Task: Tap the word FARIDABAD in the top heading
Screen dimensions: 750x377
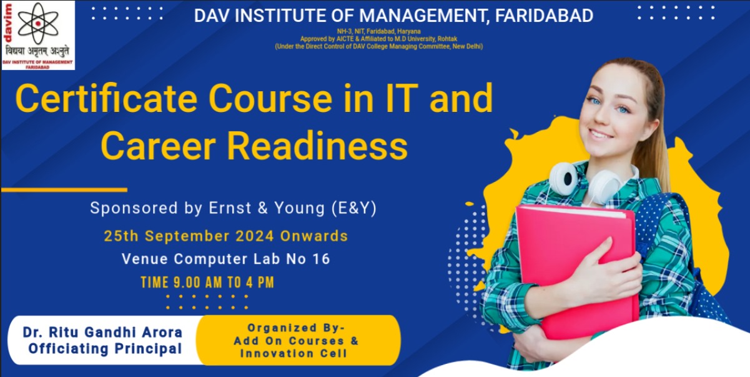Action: click(x=544, y=16)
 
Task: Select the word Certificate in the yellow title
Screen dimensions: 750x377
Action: click(x=106, y=98)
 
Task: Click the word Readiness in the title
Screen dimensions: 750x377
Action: click(x=317, y=146)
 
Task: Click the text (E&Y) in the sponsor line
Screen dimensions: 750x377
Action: click(x=354, y=208)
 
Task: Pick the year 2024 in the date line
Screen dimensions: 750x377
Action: click(x=255, y=236)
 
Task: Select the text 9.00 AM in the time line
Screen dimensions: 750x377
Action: click(x=197, y=283)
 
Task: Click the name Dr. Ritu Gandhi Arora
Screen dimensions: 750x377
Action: click(x=102, y=332)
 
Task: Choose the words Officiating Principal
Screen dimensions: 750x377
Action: click(x=105, y=348)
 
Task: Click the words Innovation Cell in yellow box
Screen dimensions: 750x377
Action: click(x=294, y=353)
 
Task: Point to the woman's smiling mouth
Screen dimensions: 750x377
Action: click(x=601, y=134)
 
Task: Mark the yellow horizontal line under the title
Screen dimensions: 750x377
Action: click(x=64, y=190)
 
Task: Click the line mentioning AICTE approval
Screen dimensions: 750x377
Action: click(x=378, y=39)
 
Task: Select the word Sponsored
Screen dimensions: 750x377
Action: click(x=134, y=208)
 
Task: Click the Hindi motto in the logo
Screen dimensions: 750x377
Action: click(x=38, y=52)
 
